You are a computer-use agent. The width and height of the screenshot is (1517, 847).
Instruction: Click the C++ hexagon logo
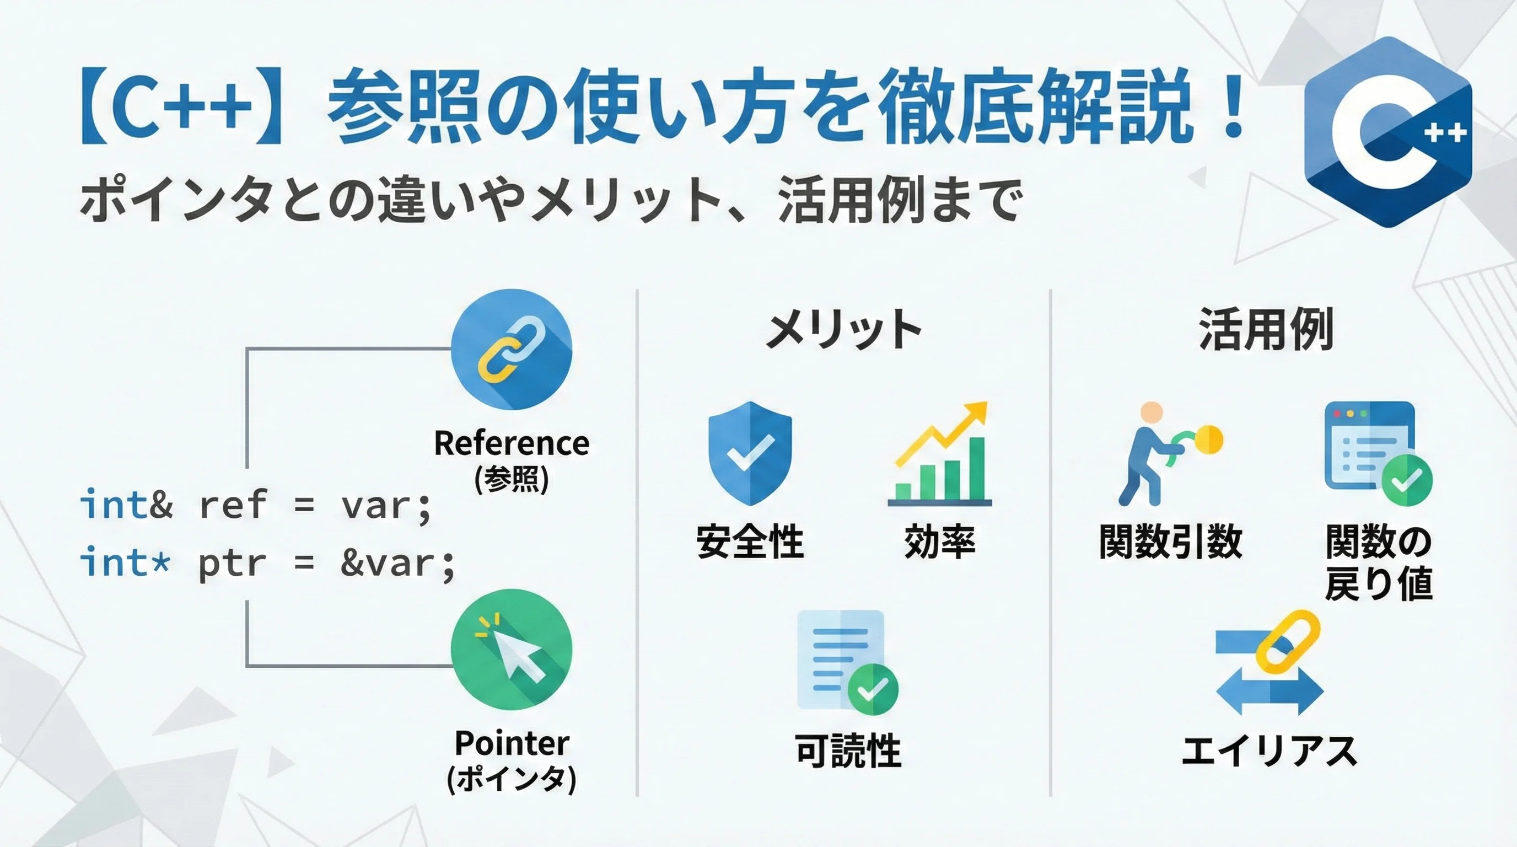tap(1387, 132)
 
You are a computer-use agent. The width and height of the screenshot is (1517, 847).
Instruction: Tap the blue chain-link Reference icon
tap(511, 349)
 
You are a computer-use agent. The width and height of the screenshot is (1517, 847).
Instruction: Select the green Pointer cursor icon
tap(511, 649)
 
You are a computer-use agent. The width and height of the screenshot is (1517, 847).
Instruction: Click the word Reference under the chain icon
tap(511, 443)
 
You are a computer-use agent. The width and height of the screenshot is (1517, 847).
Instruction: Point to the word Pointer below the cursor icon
tap(512, 743)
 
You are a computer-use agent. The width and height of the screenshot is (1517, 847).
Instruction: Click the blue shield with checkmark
tap(750, 453)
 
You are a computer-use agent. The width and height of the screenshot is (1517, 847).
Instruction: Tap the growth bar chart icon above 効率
tap(940, 453)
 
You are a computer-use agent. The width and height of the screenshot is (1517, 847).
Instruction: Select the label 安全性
tap(750, 542)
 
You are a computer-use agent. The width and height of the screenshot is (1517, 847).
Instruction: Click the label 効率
tap(939, 542)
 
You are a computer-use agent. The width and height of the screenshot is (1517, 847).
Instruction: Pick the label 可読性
tap(848, 750)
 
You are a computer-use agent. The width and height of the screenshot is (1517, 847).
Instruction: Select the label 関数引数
tap(1171, 542)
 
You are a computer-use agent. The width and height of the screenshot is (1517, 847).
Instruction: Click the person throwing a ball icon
tap(1169, 453)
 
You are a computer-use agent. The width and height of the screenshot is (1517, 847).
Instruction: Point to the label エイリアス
tap(1269, 751)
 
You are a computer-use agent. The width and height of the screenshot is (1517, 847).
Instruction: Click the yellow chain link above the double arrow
tap(1288, 642)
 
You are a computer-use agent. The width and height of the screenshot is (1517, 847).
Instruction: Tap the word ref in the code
tap(233, 505)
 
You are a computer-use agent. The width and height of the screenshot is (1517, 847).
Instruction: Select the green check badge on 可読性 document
tap(873, 689)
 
